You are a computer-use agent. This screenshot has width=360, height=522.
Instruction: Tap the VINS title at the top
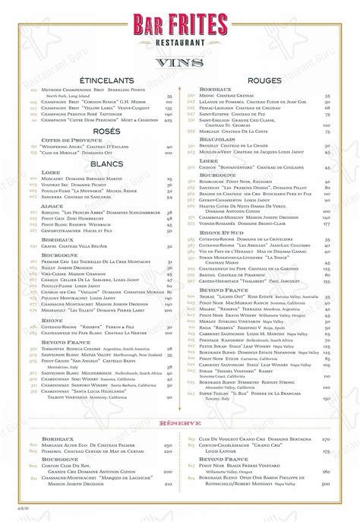pyautogui.click(x=179, y=61)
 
